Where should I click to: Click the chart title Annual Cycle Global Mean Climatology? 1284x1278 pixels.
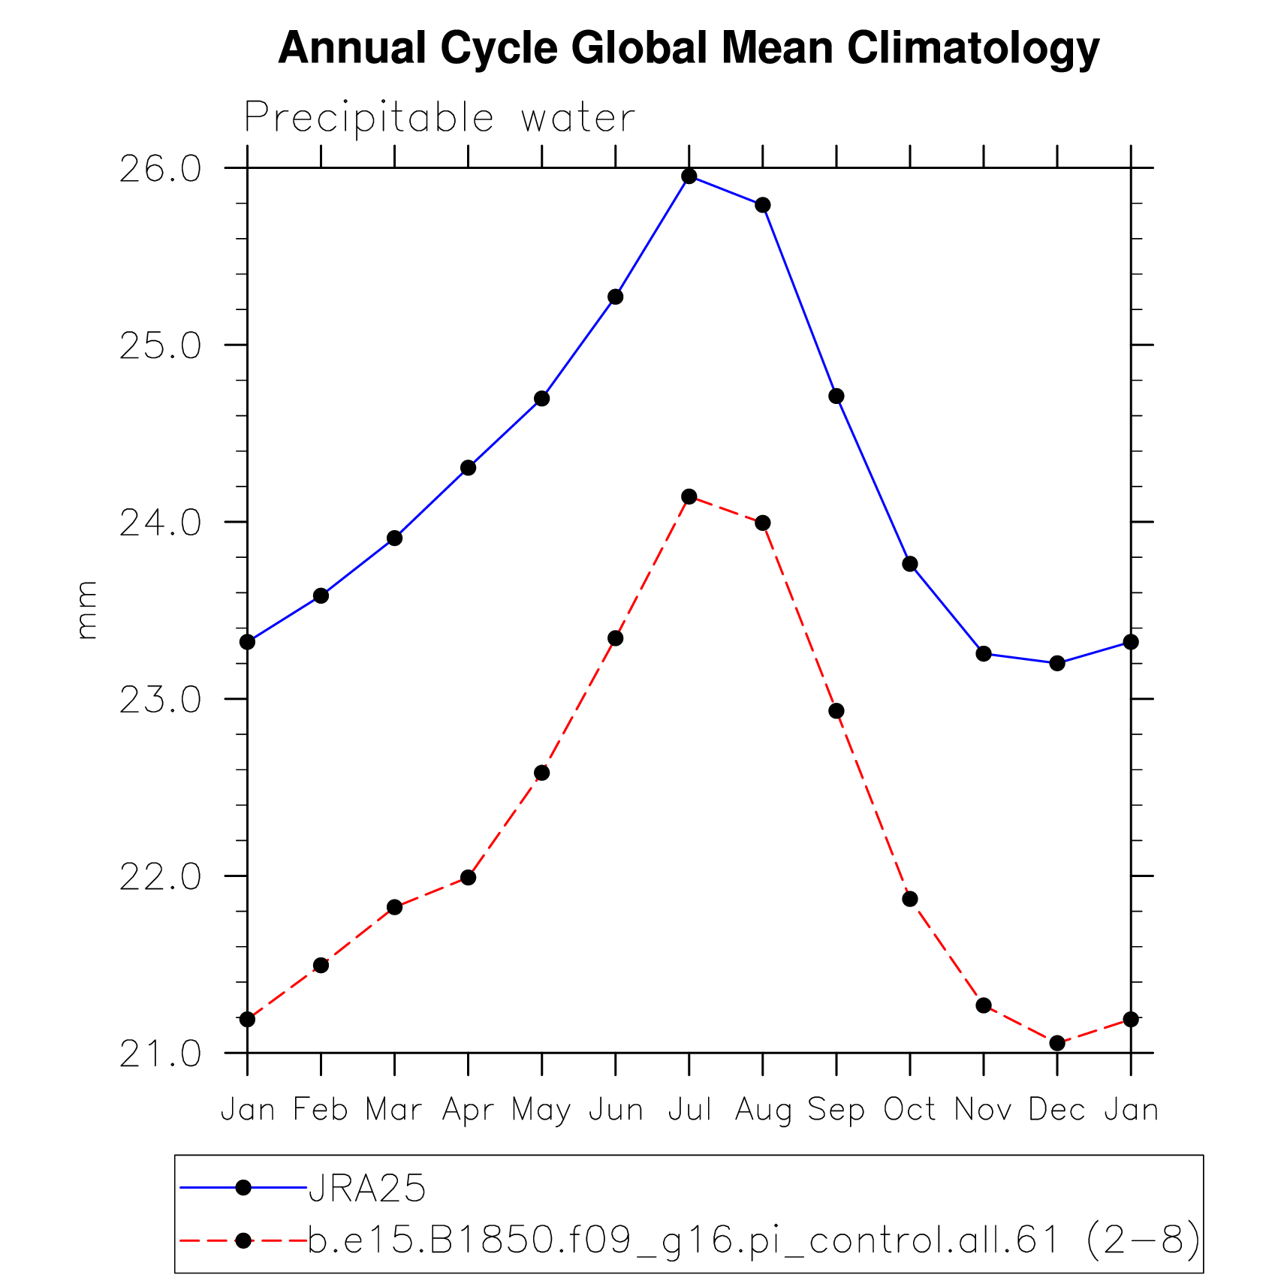click(x=688, y=48)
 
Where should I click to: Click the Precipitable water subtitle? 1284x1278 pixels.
click(x=439, y=117)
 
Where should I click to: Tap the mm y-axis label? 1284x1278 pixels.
click(x=87, y=610)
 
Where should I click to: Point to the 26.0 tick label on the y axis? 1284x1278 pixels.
click(x=161, y=170)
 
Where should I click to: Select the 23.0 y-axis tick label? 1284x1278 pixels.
click(x=161, y=700)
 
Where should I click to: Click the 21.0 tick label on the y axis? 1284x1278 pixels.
click(x=161, y=1053)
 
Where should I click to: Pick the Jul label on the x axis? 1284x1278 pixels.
click(x=689, y=1109)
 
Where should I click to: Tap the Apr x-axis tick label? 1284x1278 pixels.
click(x=468, y=1109)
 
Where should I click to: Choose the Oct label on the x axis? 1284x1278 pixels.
click(x=909, y=1109)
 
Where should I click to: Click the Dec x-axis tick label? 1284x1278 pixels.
click(x=1056, y=1109)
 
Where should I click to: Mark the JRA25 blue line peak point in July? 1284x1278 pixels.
click(x=689, y=176)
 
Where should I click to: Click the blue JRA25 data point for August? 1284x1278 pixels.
click(x=763, y=205)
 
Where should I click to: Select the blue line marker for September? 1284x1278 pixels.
click(x=836, y=396)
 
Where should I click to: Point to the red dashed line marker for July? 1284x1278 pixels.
click(x=689, y=496)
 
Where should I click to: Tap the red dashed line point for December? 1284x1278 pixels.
click(x=1057, y=1043)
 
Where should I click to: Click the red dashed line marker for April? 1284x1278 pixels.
click(x=468, y=877)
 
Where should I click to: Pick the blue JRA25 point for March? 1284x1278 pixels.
click(x=394, y=538)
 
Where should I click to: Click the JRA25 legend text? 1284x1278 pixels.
click(x=367, y=1188)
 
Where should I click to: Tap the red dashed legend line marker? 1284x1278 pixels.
click(x=243, y=1240)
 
